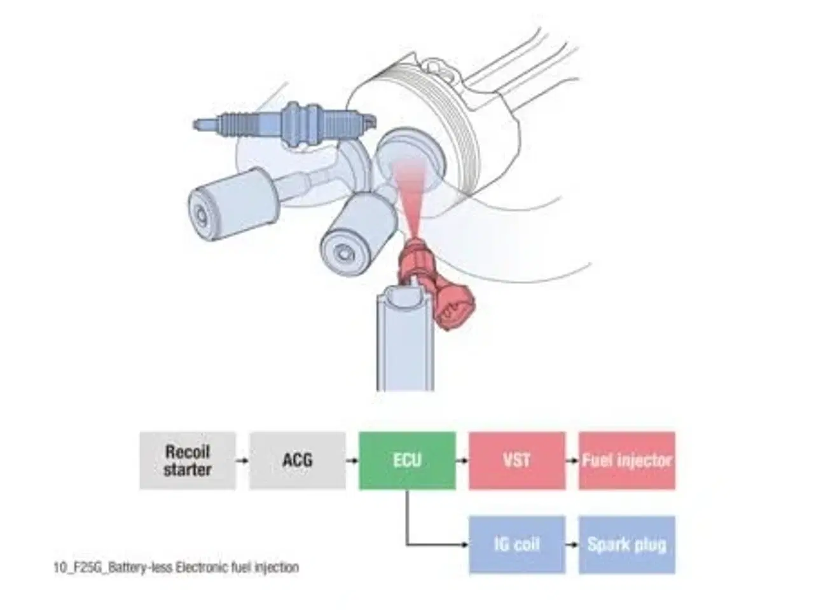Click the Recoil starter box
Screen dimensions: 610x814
[x=188, y=461]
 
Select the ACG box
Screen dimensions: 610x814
[x=298, y=461]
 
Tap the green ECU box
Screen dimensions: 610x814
[x=407, y=461]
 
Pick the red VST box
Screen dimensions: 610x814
[x=516, y=461]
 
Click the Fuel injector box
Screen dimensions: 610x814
[x=626, y=461]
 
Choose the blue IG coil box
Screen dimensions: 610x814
[x=516, y=545]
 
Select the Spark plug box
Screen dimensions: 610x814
[x=626, y=545]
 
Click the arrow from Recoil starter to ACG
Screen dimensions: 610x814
[x=242, y=461]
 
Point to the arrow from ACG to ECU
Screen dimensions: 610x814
[x=352, y=461]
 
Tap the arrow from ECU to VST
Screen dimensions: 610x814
[x=462, y=461]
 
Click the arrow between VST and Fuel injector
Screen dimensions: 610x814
[x=572, y=461]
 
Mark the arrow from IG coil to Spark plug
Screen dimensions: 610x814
[x=572, y=545]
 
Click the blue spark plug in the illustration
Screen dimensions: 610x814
[x=286, y=123]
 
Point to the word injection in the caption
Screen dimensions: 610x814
[x=276, y=567]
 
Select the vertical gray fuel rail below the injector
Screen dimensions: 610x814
[x=405, y=343]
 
